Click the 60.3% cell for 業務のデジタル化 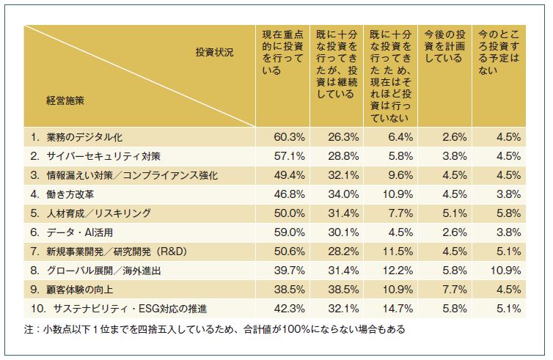pyautogui.click(x=284, y=136)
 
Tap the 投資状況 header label pyautogui.click(x=214, y=54)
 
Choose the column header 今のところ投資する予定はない pyautogui.click(x=499, y=52)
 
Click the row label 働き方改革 pyautogui.click(x=69, y=194)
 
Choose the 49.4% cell pyautogui.click(x=284, y=175)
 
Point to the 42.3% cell pyautogui.click(x=284, y=309)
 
